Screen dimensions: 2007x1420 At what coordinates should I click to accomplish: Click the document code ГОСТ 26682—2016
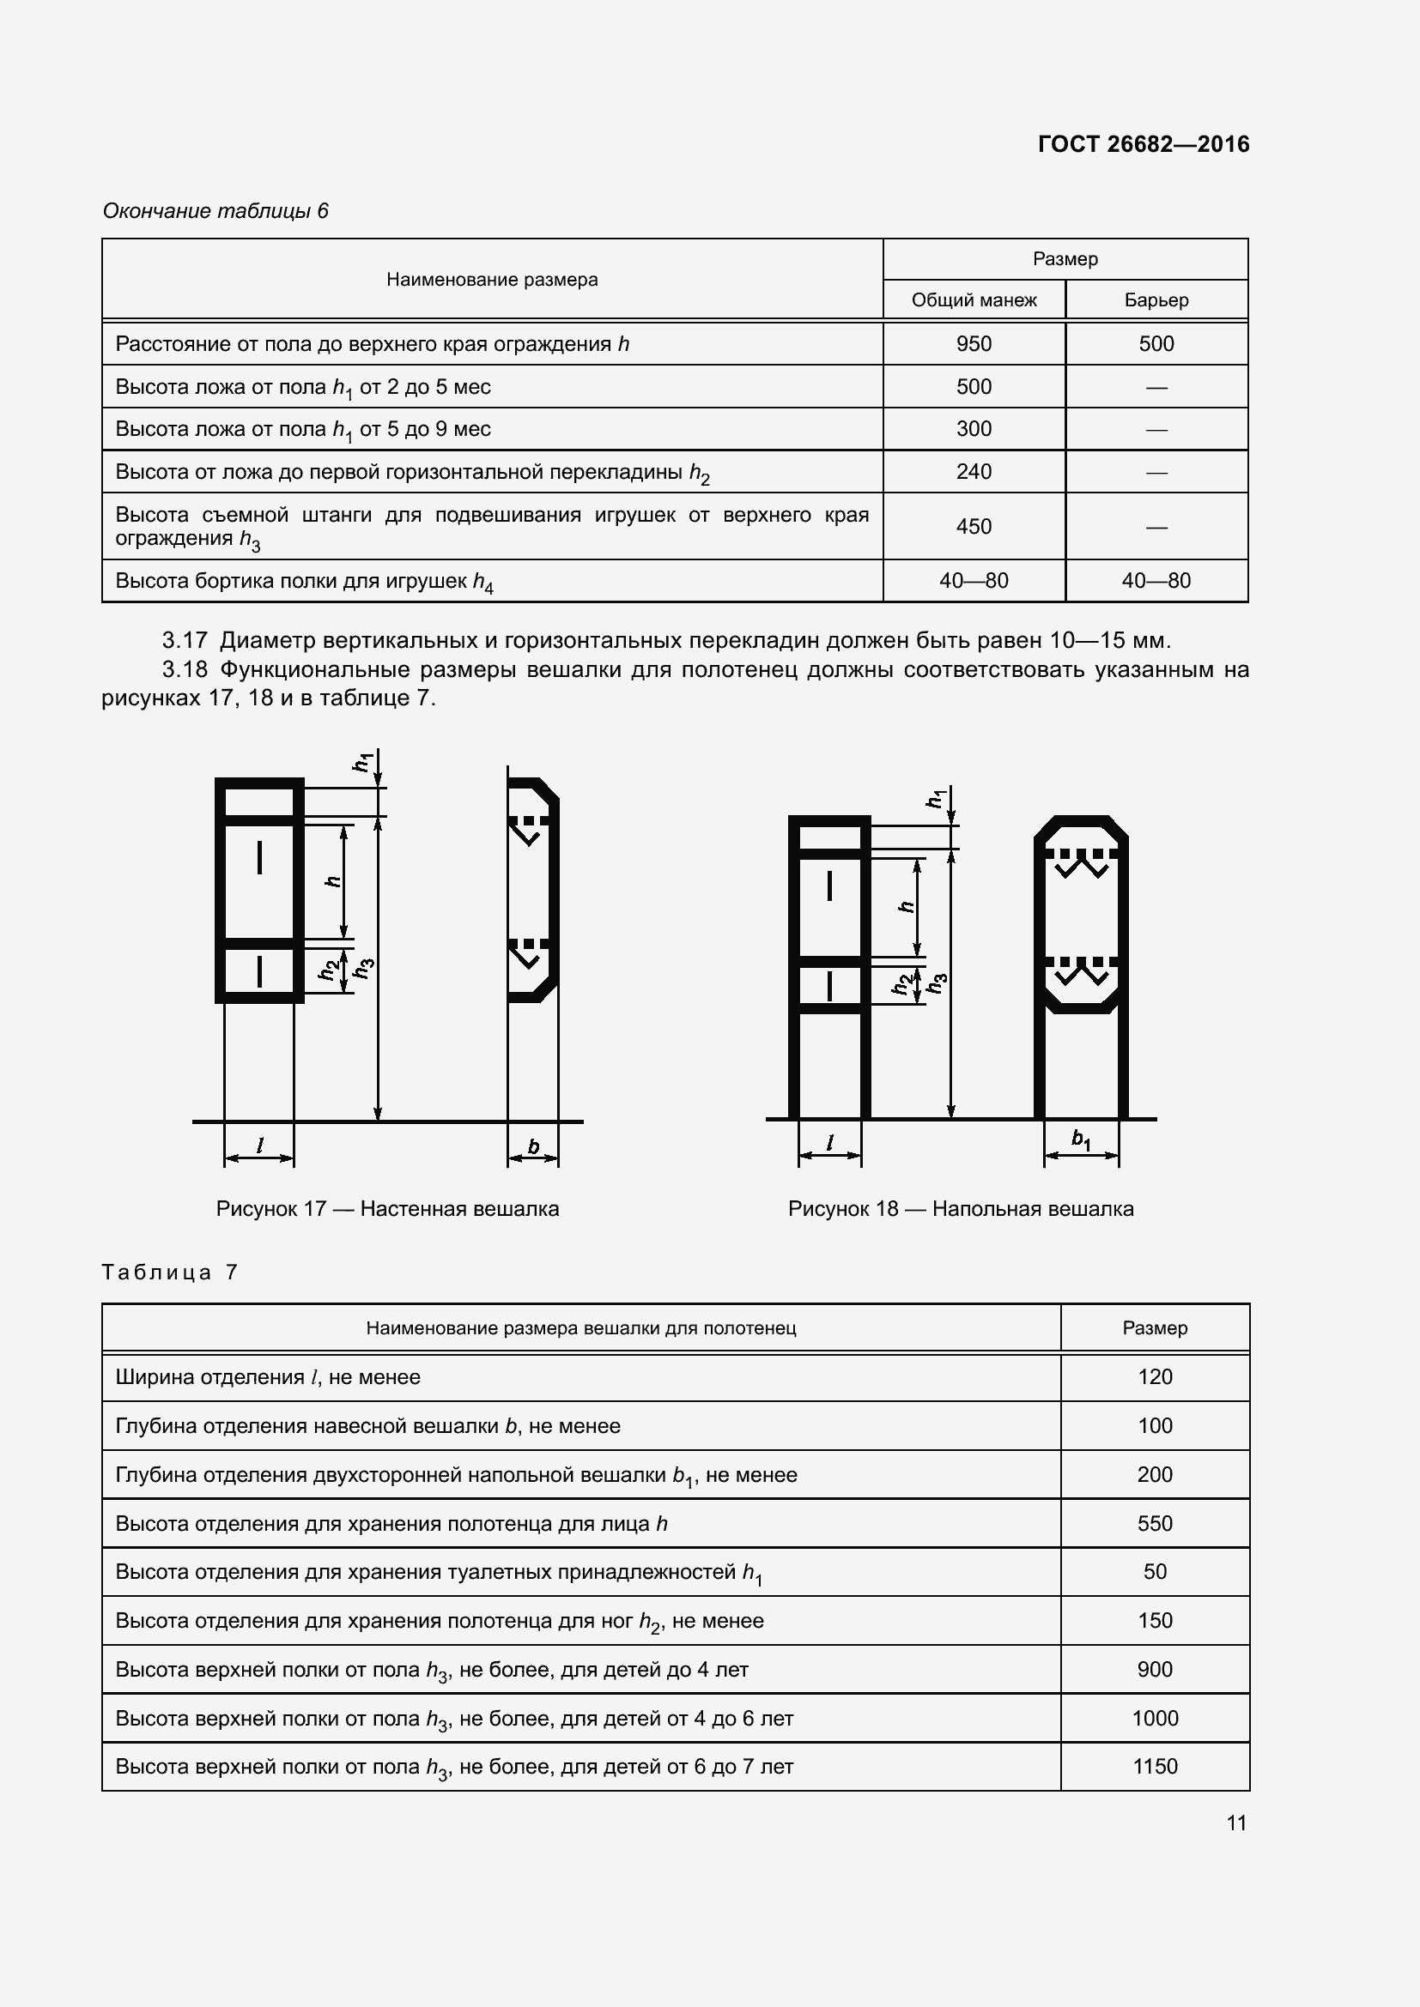(x=1143, y=144)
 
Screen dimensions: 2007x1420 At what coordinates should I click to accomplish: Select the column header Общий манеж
(x=974, y=300)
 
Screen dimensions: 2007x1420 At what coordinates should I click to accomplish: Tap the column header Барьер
(x=1156, y=300)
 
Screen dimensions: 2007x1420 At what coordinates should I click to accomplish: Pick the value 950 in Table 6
(x=974, y=344)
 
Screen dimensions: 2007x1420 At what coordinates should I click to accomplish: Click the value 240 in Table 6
(x=974, y=472)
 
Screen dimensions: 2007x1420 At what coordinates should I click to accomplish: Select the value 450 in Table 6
(x=974, y=526)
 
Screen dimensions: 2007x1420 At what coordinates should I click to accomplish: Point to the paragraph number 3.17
(x=185, y=641)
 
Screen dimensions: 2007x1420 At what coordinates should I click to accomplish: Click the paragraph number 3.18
(x=185, y=669)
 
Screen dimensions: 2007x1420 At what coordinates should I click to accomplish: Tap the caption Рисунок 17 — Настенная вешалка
(x=387, y=1209)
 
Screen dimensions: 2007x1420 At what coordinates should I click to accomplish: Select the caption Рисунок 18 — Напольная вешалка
(x=960, y=1209)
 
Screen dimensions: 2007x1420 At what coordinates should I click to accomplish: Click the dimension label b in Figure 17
(x=533, y=1147)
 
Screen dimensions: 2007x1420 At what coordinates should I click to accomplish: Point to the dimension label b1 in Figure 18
(x=1081, y=1140)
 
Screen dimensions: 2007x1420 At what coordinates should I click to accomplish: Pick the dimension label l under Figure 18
(x=829, y=1142)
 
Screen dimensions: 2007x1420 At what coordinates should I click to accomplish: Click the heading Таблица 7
(x=170, y=1272)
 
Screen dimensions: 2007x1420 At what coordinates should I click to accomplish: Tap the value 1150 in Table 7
(x=1154, y=1767)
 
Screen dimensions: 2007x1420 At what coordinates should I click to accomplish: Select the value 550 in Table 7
(x=1154, y=1524)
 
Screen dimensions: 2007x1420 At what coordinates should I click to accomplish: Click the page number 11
(x=1235, y=1823)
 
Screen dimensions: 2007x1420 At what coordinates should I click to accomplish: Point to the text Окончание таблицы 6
(x=215, y=211)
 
